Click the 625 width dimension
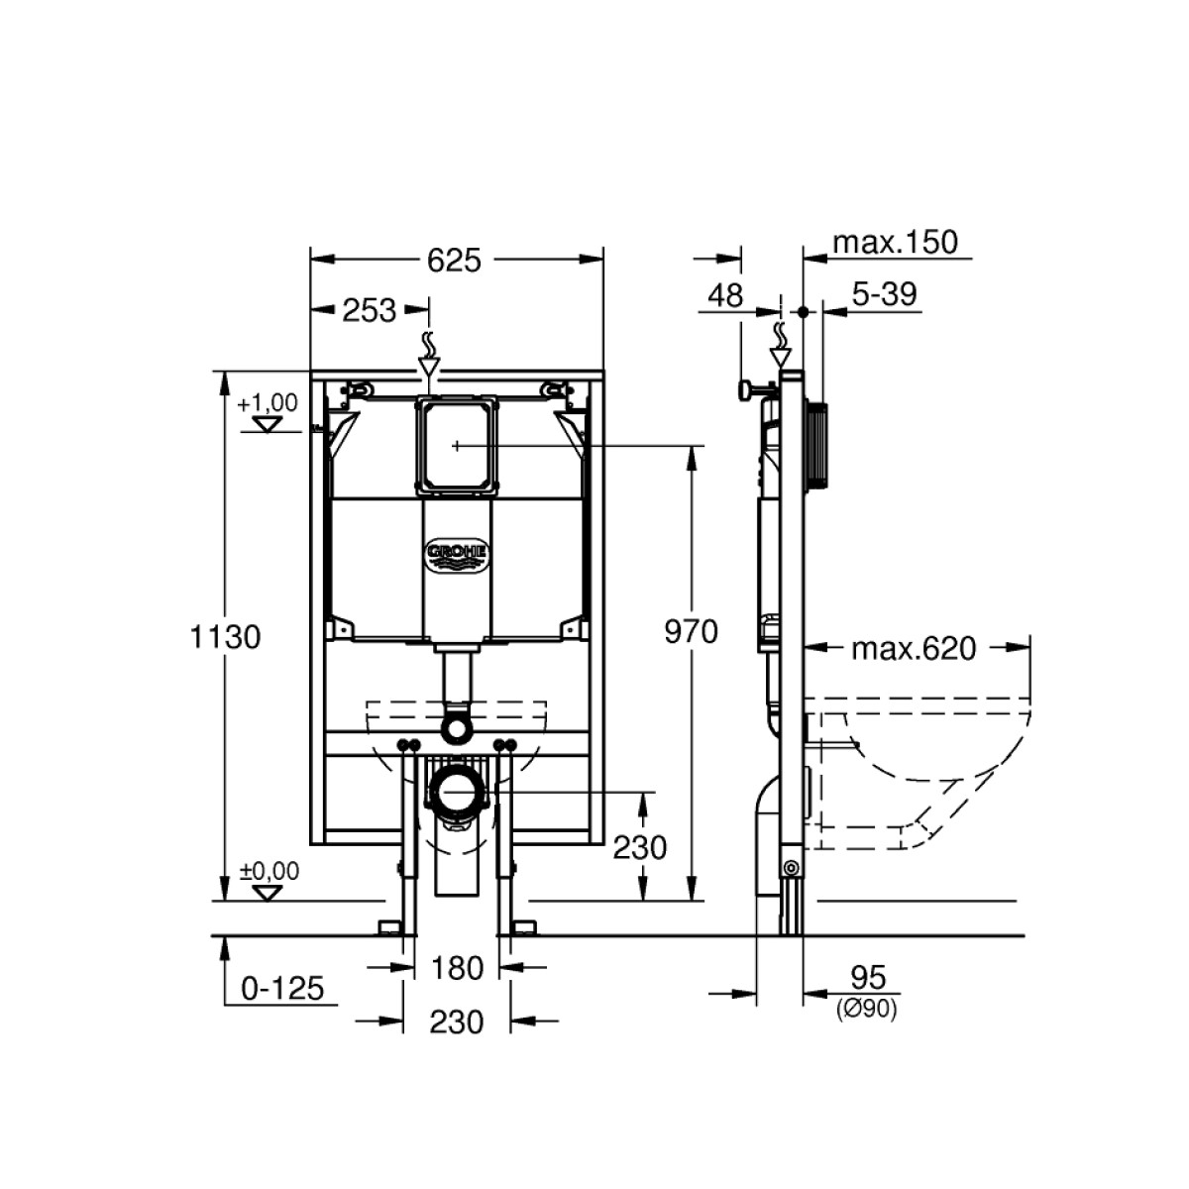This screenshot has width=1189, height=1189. [454, 261]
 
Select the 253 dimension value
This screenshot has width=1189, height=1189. [369, 310]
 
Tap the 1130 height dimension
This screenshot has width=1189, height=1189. [225, 637]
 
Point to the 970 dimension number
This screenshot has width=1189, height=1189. [691, 632]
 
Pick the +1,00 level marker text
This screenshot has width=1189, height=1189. [268, 403]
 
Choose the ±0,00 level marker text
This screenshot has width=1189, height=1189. [270, 871]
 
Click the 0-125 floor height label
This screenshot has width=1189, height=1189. [282, 989]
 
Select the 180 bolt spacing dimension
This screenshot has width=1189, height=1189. [457, 968]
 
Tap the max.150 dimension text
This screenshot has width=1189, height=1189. [896, 242]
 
